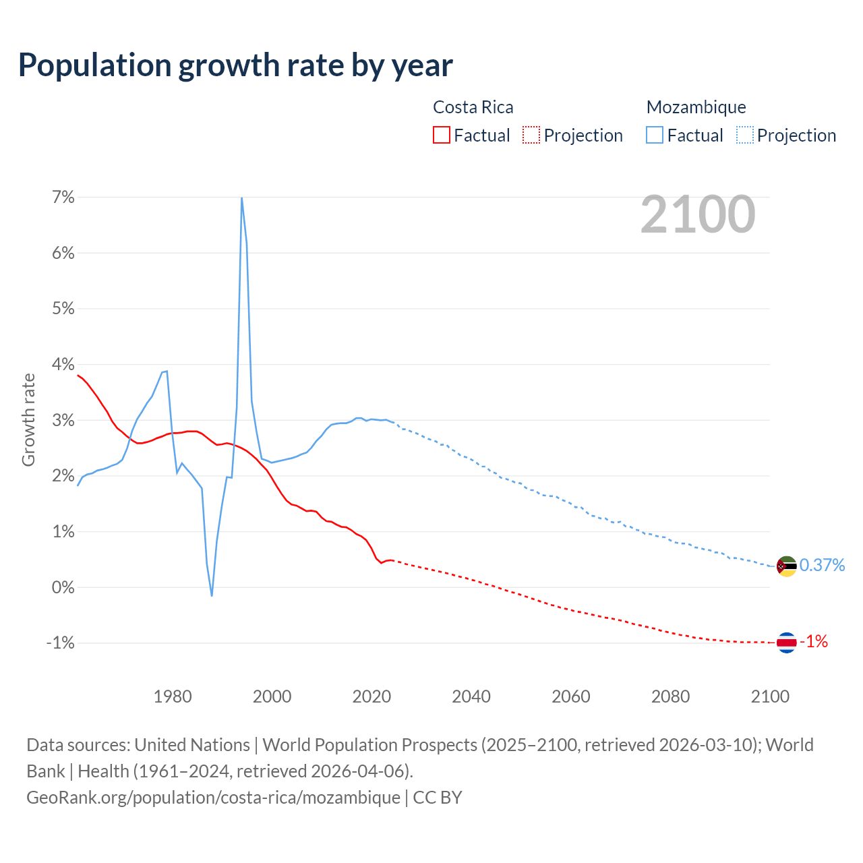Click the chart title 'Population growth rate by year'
pos(235,65)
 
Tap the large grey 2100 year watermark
pos(698,214)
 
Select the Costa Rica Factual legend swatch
pos(442,135)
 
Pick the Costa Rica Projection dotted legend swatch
pos(531,135)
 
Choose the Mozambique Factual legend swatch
pos(655,135)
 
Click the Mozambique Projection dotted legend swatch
pos(744,135)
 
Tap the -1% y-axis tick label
pos(60,643)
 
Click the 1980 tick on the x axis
pos(173,696)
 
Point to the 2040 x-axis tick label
pos(471,696)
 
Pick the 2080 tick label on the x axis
pos(670,696)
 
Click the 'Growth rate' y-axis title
pos(28,420)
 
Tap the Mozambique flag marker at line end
pos(787,566)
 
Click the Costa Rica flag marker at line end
pos(787,643)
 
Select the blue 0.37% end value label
pos(822,565)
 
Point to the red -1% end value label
pos(814,642)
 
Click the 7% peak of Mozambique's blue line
pos(241,198)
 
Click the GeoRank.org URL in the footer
pos(213,797)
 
